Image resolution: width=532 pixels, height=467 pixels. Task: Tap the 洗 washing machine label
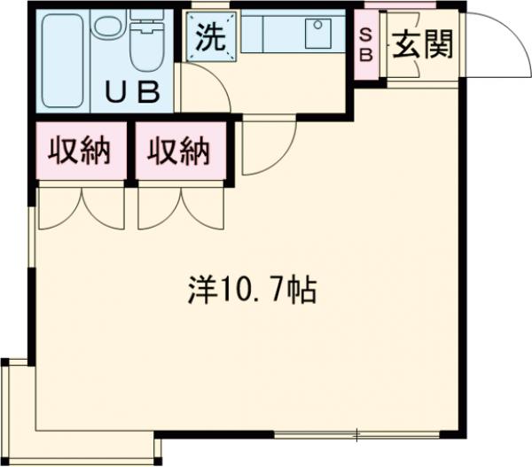pyautogui.click(x=210, y=38)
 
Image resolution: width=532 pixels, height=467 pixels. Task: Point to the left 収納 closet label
pyautogui.click(x=78, y=152)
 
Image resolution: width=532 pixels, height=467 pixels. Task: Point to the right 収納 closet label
pyautogui.click(x=178, y=152)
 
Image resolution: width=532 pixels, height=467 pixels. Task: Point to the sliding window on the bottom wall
pyautogui.click(x=355, y=434)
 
